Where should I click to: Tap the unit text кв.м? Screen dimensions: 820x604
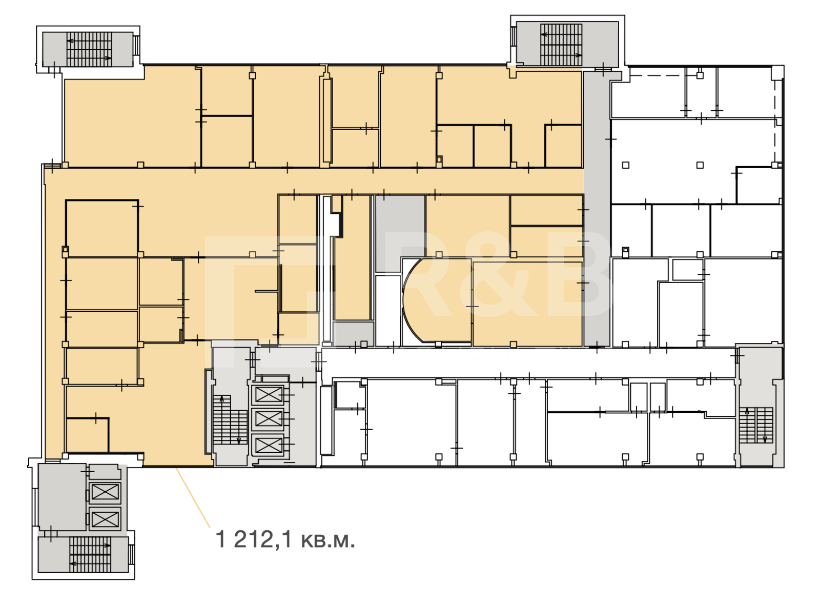pyautogui.click(x=328, y=541)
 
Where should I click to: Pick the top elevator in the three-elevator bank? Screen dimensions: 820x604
pyautogui.click(x=268, y=395)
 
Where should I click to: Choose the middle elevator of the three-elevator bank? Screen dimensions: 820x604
pyautogui.click(x=268, y=419)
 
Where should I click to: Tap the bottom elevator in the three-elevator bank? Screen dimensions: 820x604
pyautogui.click(x=268, y=445)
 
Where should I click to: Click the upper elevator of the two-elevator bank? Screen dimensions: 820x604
pyautogui.click(x=105, y=492)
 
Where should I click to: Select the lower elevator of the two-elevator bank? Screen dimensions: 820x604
pyautogui.click(x=105, y=519)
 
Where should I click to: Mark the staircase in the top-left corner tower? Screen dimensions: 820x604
pyautogui.click(x=89, y=49)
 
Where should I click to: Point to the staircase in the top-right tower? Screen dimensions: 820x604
pyautogui.click(x=561, y=45)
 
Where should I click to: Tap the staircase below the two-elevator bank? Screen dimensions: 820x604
pyautogui.click(x=90, y=554)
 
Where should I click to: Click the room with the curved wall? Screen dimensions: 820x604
pyautogui.click(x=438, y=300)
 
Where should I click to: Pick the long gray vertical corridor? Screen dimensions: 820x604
pyautogui.click(x=597, y=209)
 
